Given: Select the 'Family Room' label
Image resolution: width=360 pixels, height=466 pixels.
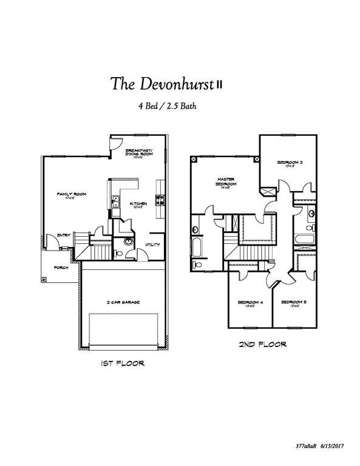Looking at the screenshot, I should coord(71,195).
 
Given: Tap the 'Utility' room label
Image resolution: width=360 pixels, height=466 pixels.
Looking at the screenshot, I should coord(152,245).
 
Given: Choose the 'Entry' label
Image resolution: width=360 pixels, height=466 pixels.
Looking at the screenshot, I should coord(64,235).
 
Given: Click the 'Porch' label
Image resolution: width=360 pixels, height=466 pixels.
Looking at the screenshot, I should coord(61,268).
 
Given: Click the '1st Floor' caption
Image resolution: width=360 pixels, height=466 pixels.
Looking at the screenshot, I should coord(122,364).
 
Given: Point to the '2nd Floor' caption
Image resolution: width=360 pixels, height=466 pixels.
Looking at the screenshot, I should coord(262,345).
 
